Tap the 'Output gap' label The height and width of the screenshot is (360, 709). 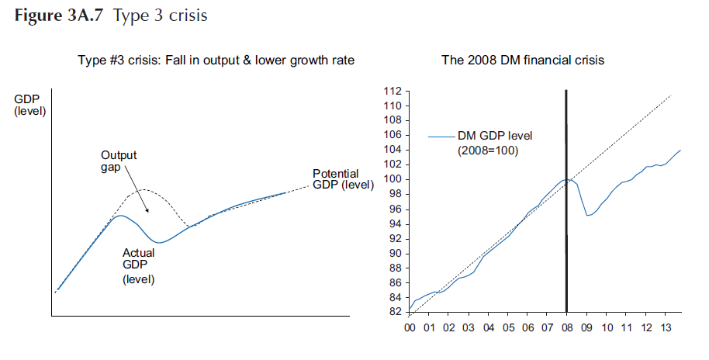[119, 161]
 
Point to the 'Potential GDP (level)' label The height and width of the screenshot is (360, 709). [341, 178]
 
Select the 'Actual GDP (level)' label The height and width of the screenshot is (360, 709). [139, 265]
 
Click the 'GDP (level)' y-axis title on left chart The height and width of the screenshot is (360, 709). [30, 106]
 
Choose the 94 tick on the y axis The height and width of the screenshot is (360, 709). [396, 224]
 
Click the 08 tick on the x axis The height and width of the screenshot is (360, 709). [568, 327]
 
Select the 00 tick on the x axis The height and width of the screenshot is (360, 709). [411, 327]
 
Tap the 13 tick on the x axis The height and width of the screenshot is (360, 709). [666, 327]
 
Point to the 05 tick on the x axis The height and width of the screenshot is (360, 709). [509, 327]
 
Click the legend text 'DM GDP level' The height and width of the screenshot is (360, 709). [495, 136]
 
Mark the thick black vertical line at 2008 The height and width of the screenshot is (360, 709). [566, 233]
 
